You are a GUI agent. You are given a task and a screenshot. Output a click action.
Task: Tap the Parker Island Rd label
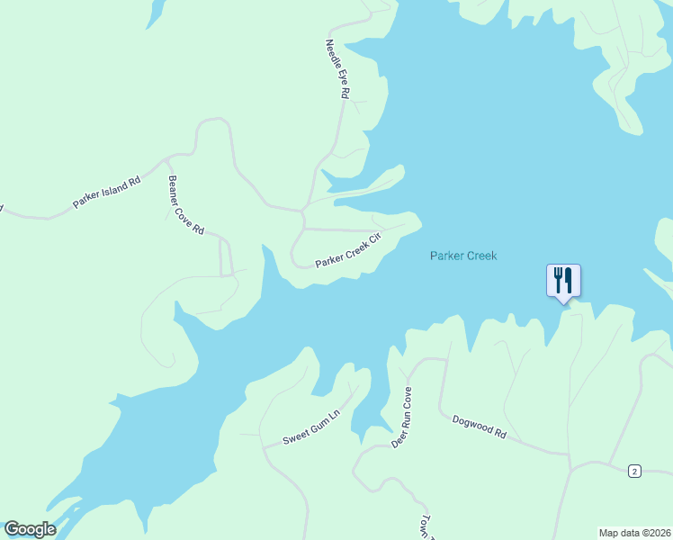[107, 192]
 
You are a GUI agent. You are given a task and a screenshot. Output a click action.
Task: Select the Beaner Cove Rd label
[185, 204]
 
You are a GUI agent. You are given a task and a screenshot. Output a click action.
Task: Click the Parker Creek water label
[462, 256]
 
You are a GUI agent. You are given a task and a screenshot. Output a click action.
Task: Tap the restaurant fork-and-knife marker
[563, 280]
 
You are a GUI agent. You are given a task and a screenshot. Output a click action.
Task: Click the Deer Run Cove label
[401, 417]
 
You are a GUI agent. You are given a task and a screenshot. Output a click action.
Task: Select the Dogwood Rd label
[480, 426]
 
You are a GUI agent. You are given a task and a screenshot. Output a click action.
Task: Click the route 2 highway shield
[634, 471]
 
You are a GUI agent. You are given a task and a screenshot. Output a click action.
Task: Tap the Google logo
[30, 529]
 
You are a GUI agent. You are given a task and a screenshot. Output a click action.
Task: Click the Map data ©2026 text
[633, 532]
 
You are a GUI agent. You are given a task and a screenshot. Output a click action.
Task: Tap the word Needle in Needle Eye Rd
[333, 53]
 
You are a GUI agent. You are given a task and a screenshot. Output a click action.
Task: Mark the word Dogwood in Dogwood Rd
[472, 423]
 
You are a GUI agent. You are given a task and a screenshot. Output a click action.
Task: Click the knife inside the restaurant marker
[569, 279]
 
